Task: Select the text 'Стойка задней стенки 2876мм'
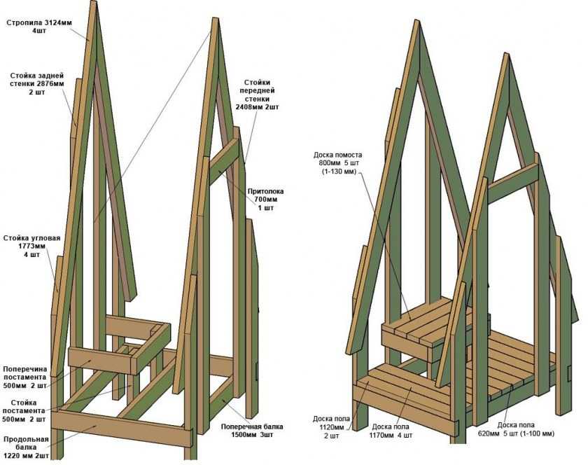[x=37, y=83]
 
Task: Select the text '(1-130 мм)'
[x=339, y=172]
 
